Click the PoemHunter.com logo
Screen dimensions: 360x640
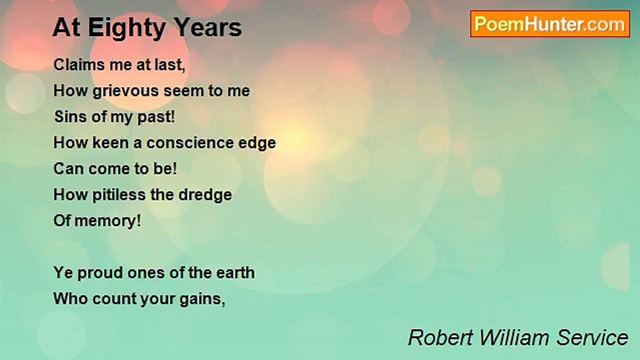[550, 24]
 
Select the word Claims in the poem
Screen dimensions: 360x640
[73, 64]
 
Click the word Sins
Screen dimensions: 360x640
[66, 117]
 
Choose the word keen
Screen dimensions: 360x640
[109, 143]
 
